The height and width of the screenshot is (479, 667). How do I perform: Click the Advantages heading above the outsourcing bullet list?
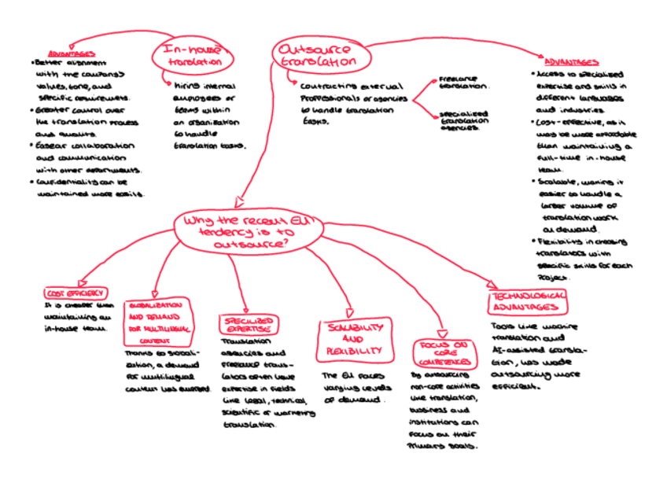tap(572, 62)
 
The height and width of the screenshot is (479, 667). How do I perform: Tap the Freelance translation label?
tap(462, 84)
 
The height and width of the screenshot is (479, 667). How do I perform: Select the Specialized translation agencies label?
tap(463, 120)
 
